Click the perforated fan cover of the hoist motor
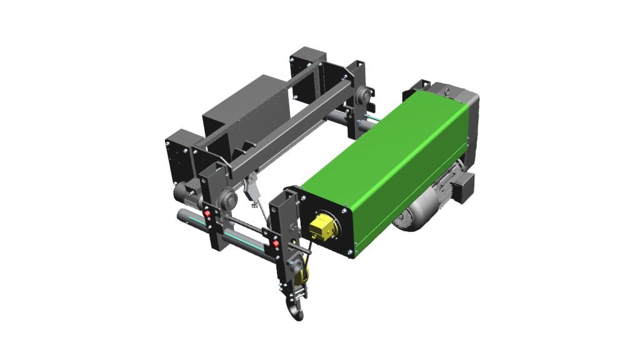coord(404,219)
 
